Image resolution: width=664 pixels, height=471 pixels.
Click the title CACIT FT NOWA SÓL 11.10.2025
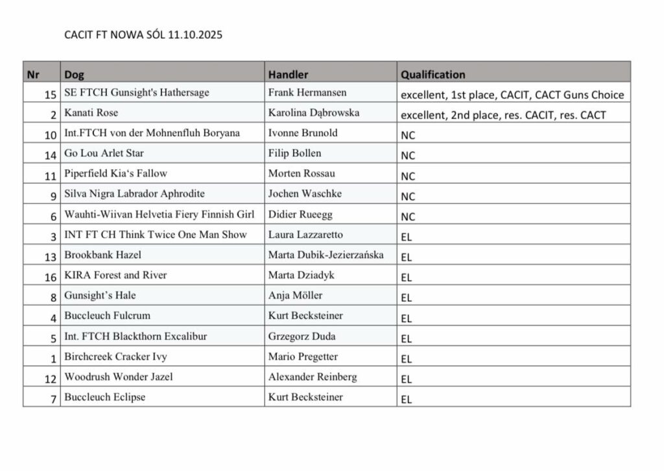tap(143, 35)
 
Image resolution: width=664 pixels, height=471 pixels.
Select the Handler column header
tap(288, 75)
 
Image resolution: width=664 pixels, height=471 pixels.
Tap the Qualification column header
tap(433, 75)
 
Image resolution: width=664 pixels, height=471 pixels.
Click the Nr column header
tap(32, 75)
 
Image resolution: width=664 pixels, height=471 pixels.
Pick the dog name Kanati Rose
tap(91, 113)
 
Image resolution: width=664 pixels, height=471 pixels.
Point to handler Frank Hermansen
tap(307, 93)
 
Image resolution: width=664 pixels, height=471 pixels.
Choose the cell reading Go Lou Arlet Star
tap(104, 154)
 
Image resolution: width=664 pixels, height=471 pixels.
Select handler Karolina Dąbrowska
tap(314, 113)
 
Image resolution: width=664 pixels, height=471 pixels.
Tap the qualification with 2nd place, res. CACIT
tap(503, 115)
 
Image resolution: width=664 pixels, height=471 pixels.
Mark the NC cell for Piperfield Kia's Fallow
tap(408, 176)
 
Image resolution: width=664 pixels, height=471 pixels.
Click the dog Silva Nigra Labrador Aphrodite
tap(134, 194)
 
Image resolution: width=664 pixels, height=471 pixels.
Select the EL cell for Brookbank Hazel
tap(407, 257)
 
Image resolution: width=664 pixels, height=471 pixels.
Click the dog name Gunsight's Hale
tap(100, 295)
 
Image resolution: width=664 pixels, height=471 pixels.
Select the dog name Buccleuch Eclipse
tap(104, 397)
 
